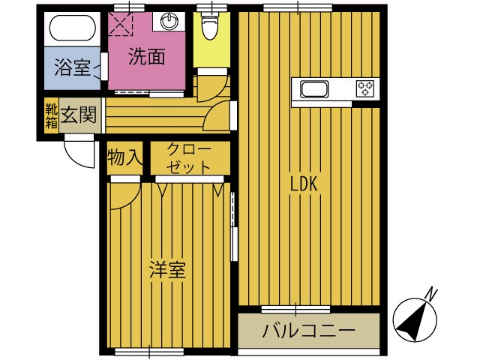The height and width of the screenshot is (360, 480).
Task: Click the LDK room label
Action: [306, 182]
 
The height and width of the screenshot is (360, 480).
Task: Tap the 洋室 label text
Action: [166, 271]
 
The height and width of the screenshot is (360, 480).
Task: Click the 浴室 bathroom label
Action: [73, 68]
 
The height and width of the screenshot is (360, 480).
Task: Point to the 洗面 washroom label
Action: [145, 58]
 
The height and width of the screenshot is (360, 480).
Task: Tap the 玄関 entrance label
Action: [78, 115]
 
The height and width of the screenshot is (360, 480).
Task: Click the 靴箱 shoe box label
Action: [50, 116]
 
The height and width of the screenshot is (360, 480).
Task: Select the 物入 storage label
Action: [124, 157]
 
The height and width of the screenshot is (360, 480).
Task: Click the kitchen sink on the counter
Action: [314, 89]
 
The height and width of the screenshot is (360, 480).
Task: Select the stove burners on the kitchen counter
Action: [365, 88]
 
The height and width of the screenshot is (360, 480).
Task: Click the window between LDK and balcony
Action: [296, 308]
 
